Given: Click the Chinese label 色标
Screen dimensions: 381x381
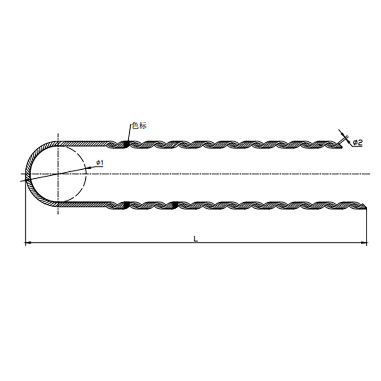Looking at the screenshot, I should coord(139,125).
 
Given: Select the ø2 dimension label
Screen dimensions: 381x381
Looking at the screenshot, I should coord(357,143).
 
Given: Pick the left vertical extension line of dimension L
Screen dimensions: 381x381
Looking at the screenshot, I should coord(24,213).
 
